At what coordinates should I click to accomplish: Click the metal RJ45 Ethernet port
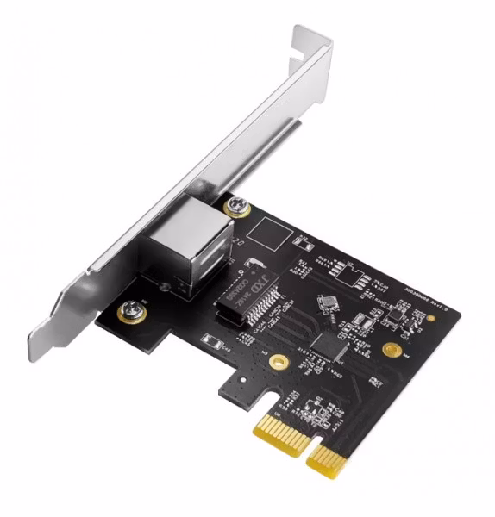[201, 246]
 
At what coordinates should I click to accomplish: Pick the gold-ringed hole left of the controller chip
[278, 360]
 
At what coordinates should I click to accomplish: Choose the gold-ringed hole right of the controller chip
[392, 350]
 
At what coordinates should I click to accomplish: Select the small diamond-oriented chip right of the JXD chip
[328, 302]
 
